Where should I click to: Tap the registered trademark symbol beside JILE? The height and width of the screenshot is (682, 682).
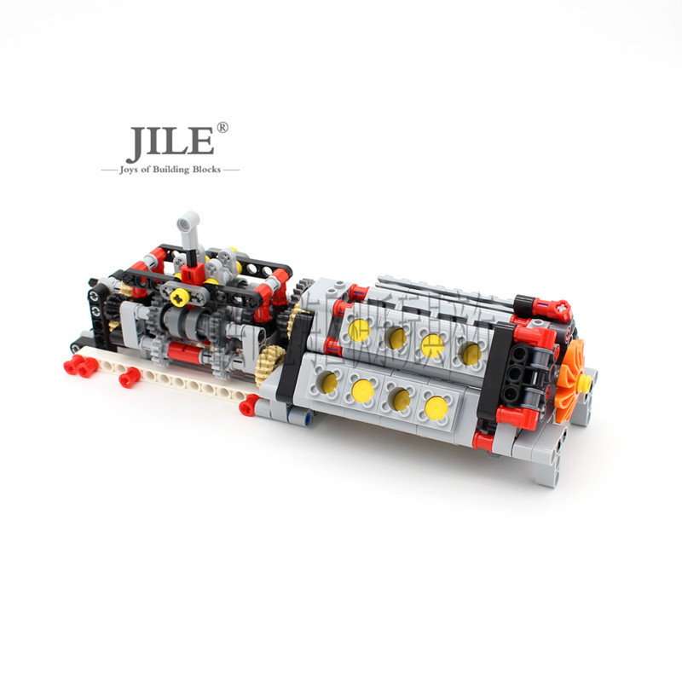point(223,128)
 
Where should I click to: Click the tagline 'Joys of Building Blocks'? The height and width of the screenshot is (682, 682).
point(170,170)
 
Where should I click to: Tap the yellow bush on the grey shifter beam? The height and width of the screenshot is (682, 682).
point(178,297)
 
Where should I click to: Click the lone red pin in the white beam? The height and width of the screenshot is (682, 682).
point(130,378)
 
